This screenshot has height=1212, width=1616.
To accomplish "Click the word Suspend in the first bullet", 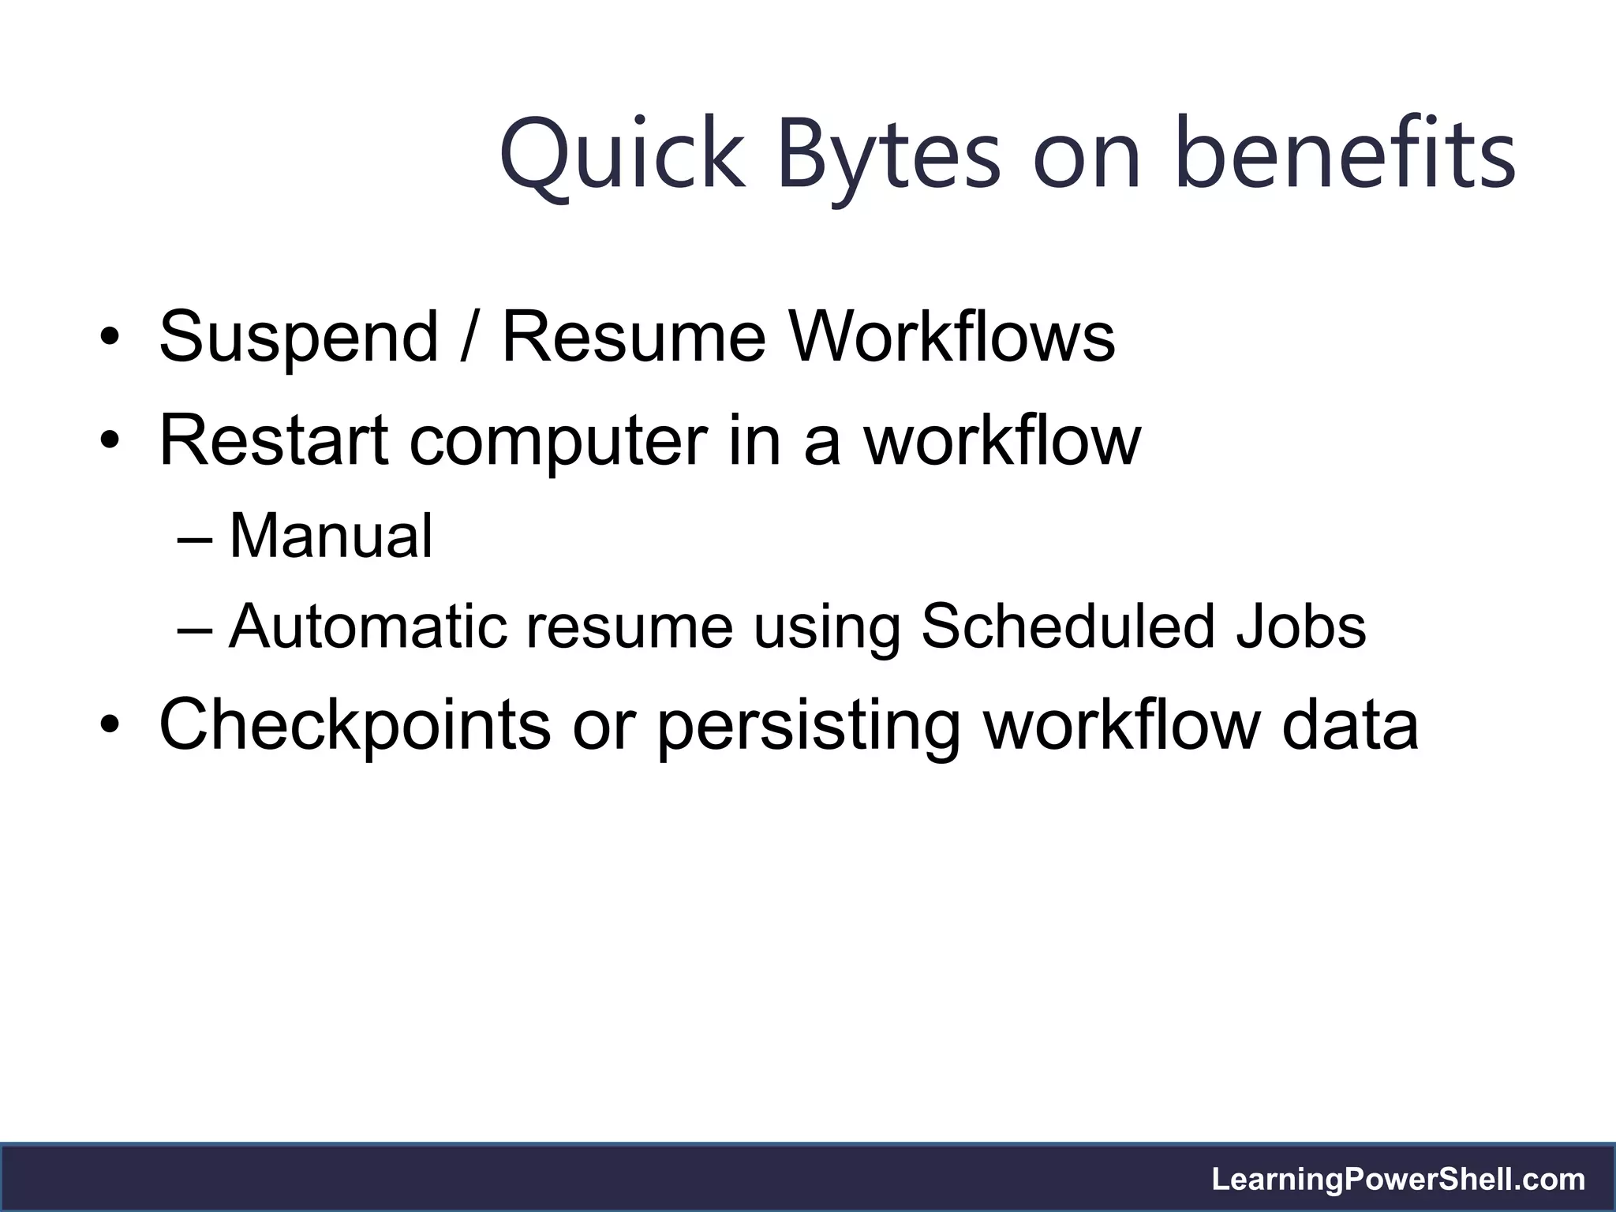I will tap(298, 338).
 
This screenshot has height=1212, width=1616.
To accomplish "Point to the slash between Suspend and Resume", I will tap(470, 338).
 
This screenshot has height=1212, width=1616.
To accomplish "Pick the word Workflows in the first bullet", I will tap(952, 338).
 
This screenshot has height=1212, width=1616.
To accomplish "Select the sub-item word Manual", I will tap(331, 537).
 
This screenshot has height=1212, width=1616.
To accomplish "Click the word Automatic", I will tap(368, 627).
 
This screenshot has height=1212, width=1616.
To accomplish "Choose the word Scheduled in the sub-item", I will tap(1068, 627).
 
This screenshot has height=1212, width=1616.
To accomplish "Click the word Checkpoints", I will tap(354, 724).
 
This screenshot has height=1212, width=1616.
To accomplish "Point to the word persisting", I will tap(809, 724).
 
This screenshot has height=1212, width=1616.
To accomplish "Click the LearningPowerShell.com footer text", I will tap(1398, 1180).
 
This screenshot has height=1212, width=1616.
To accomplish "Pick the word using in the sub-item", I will tap(826, 627).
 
